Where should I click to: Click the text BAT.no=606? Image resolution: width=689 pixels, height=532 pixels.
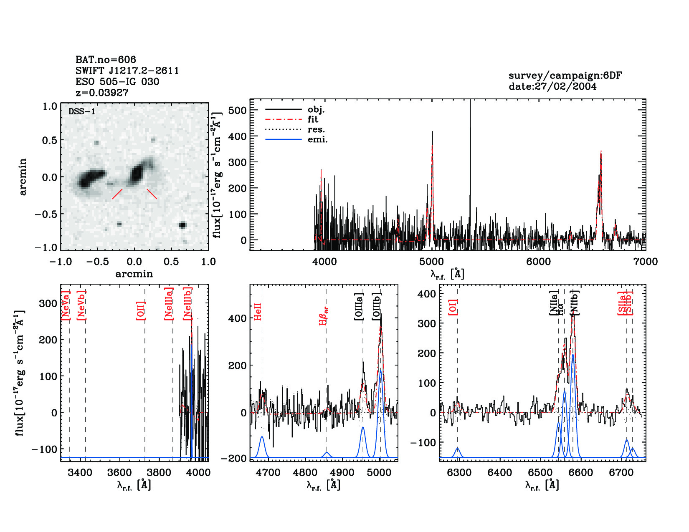pyautogui.click(x=106, y=60)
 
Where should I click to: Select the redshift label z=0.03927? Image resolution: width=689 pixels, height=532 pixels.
pyautogui.click(x=102, y=93)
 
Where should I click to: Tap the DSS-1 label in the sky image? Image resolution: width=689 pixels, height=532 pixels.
pyautogui.click(x=82, y=111)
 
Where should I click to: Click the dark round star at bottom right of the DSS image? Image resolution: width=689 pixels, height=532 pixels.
pyautogui.click(x=182, y=225)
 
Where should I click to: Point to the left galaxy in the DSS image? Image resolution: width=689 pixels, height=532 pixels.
pyautogui.click(x=89, y=178)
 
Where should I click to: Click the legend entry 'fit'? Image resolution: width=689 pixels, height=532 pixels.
pyautogui.click(x=313, y=119)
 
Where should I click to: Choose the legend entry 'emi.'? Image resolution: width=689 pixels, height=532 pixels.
pyautogui.click(x=317, y=140)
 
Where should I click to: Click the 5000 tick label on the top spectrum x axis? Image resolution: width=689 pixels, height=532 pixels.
pyautogui.click(x=431, y=262)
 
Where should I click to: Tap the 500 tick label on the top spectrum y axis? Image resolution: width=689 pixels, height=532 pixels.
pyautogui.click(x=238, y=111)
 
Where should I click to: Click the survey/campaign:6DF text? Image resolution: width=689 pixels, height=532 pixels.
pyautogui.click(x=565, y=76)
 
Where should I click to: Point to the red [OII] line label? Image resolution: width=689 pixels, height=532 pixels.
pyautogui.click(x=141, y=310)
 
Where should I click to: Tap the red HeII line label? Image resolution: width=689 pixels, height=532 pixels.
pyautogui.click(x=258, y=312)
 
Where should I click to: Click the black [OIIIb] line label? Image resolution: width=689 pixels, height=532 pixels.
pyautogui.click(x=377, y=307)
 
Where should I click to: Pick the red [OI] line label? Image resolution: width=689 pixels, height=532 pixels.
pyautogui.click(x=453, y=307)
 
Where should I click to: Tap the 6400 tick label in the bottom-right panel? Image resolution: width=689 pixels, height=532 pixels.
pyautogui.click(x=500, y=472)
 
